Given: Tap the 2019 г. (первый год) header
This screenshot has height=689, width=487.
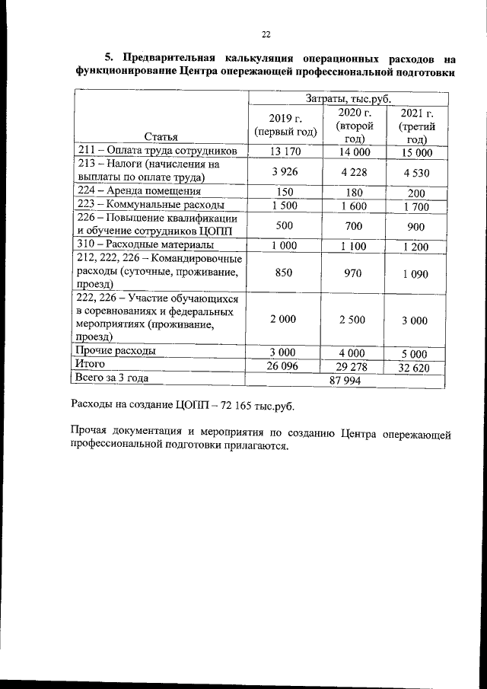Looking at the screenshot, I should (x=285, y=125).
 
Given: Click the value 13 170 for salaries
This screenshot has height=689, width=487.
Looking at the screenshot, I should (x=285, y=152).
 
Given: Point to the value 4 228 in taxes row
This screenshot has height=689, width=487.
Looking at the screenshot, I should (x=352, y=171).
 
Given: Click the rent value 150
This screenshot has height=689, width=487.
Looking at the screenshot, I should (x=285, y=192).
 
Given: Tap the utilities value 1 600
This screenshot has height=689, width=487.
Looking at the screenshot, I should (x=352, y=206).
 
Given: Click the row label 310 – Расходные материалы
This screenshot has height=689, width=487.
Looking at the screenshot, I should (x=144, y=246).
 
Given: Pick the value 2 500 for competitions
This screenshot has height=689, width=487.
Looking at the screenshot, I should (x=352, y=320).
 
